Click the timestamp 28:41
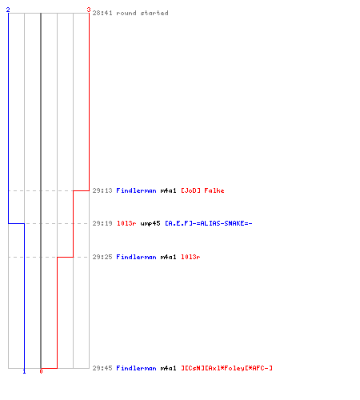coord(102,13)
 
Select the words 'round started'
coord(142,13)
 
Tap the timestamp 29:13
coord(102,190)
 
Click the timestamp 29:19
coord(102,223)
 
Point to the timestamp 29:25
coord(102,257)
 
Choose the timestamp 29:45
coord(102,368)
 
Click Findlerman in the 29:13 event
coord(136,190)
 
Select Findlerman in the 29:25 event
coord(136,257)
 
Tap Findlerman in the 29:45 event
coord(136,368)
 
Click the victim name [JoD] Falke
coord(202,190)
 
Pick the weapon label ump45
coord(150,223)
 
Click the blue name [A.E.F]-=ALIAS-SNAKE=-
coord(209,223)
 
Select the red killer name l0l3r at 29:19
coord(126,223)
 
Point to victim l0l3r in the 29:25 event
coord(190,257)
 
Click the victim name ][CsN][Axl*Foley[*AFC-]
coord(226,368)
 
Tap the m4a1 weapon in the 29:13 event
coord(168,190)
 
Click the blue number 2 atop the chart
coord(8,10)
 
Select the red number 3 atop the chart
coord(89,10)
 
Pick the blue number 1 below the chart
coord(24,371)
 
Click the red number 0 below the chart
coord(41,371)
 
